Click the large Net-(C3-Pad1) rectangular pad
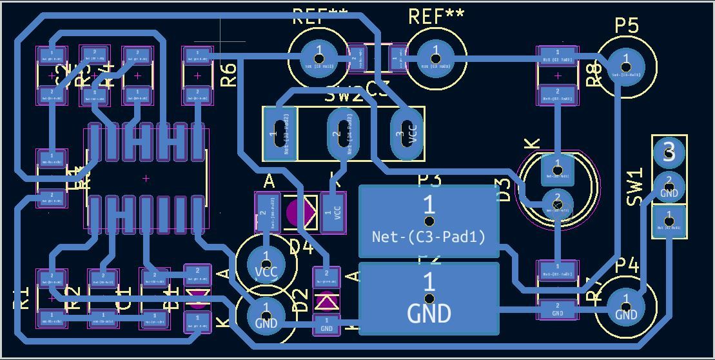[x=429, y=222]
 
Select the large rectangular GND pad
[x=429, y=298]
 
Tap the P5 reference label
[x=626, y=26]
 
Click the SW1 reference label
[x=636, y=186]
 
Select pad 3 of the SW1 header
[x=669, y=152]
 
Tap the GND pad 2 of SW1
[x=669, y=186]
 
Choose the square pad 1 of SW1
[x=669, y=221]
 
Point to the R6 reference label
[x=229, y=74]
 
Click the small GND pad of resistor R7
[x=558, y=309]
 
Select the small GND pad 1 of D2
[x=327, y=325]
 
